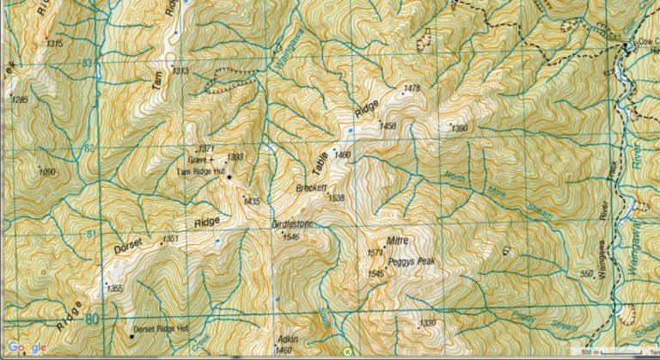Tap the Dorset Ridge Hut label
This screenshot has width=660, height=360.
click(x=164, y=329)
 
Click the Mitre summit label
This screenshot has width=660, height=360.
click(x=396, y=241)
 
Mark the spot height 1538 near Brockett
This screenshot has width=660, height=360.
click(x=336, y=198)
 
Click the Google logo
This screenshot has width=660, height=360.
click(x=28, y=348)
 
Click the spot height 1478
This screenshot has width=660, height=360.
click(x=412, y=88)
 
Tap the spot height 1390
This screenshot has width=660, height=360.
click(x=461, y=129)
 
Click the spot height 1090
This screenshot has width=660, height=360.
click(x=46, y=172)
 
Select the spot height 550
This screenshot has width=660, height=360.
click(x=587, y=274)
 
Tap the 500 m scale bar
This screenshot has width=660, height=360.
click(x=612, y=351)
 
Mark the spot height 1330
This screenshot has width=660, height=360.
click(x=428, y=323)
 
